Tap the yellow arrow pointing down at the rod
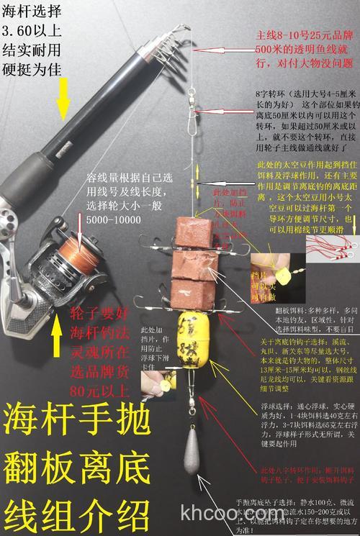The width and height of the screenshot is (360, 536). [64, 98]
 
